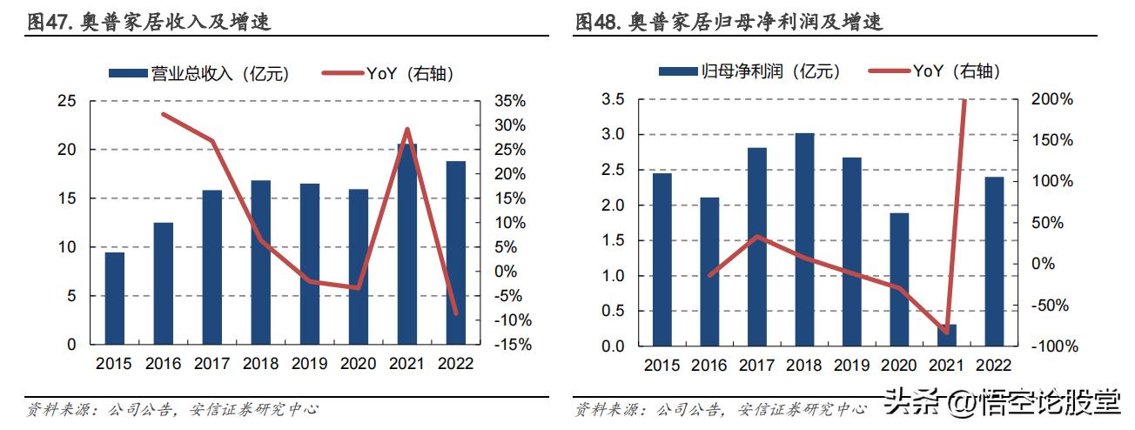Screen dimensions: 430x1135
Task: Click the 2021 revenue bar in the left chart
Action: tap(407, 244)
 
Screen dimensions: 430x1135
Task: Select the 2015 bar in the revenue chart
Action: tap(115, 298)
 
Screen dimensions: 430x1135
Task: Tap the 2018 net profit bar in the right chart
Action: tap(806, 239)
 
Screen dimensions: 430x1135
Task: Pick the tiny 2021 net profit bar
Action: tap(946, 335)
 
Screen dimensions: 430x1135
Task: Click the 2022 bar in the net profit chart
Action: tap(994, 261)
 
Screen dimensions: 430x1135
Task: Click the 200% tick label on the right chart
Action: tap(1053, 99)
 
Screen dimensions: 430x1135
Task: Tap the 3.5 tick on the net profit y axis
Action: tap(613, 99)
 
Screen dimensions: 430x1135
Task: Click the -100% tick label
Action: tap(1055, 346)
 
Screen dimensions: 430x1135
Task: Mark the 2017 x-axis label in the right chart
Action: tap(757, 366)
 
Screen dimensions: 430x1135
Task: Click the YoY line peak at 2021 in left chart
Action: tap(407, 130)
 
